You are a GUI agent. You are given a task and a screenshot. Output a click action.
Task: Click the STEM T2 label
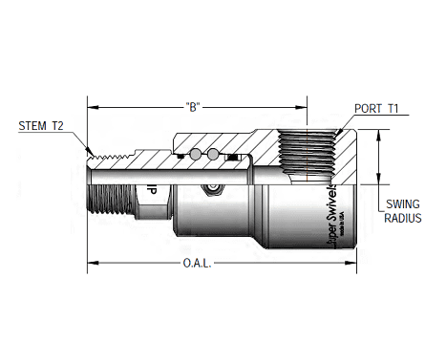click(x=42, y=125)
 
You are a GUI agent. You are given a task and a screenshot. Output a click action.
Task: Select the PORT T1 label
click(x=375, y=108)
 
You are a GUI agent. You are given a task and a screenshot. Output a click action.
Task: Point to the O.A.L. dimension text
click(x=197, y=262)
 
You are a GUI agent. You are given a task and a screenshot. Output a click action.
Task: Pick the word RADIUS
click(x=403, y=218)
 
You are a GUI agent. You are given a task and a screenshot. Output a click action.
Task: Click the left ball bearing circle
click(x=196, y=155)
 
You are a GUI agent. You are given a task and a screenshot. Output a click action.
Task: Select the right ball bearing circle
click(x=215, y=155)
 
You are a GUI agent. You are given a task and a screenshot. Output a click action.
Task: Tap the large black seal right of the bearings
click(x=231, y=155)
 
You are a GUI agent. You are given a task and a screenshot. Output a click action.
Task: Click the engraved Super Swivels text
click(x=336, y=229)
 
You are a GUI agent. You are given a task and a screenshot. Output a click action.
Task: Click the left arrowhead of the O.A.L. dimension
click(x=92, y=262)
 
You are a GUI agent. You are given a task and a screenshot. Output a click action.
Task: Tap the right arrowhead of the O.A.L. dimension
click(x=355, y=262)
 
